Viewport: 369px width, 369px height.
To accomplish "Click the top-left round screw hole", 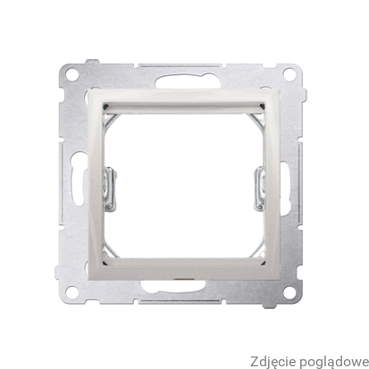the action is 72,74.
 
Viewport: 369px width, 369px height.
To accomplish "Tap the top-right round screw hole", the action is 289,74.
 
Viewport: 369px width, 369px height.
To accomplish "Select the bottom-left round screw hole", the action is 71,291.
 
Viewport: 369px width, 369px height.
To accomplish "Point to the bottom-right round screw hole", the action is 289,292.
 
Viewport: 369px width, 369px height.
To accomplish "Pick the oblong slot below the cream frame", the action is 173,287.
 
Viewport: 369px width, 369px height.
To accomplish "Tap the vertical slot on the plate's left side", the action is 77,179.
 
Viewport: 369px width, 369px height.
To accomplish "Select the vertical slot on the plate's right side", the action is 284,189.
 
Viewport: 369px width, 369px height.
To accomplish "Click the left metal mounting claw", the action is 109,189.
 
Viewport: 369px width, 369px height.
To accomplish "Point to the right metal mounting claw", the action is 259,189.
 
